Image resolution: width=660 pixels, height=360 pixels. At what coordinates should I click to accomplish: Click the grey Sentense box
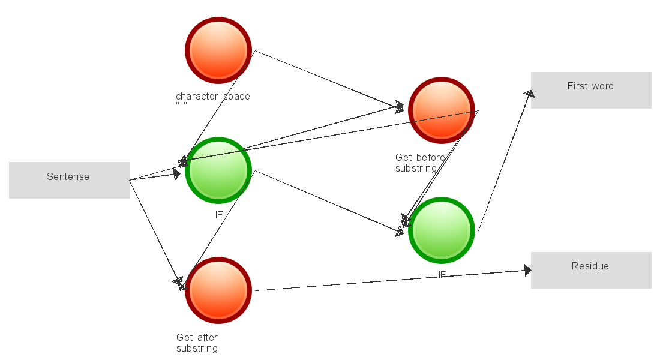click(x=69, y=180)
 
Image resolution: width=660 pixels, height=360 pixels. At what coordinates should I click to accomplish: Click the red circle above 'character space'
click(x=218, y=50)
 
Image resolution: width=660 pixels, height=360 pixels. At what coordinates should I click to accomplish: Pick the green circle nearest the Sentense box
click(x=218, y=170)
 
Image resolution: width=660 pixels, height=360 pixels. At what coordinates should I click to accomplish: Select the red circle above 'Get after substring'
click(x=218, y=290)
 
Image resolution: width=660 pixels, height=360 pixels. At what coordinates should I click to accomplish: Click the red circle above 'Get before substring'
click(x=442, y=110)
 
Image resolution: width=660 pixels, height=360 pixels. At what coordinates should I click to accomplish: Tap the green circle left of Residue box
click(x=442, y=230)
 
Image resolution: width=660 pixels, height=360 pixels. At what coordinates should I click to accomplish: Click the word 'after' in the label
click(x=206, y=338)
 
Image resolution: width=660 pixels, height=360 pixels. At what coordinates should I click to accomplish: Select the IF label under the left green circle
click(x=219, y=214)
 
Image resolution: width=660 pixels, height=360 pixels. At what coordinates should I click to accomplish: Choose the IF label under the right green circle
click(x=442, y=275)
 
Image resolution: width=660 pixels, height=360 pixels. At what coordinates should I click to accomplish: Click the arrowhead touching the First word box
click(x=529, y=93)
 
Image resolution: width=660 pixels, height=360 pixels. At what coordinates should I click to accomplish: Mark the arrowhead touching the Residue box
click(x=527, y=271)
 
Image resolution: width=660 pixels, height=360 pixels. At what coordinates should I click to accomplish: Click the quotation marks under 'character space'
click(x=181, y=104)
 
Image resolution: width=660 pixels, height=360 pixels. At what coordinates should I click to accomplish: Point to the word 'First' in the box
click(x=577, y=86)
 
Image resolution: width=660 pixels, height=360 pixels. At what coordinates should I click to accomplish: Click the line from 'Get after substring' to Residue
click(x=390, y=281)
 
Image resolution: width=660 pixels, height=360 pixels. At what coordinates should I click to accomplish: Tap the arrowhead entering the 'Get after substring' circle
click(x=178, y=281)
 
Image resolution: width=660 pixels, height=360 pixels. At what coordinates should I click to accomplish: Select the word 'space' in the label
click(x=237, y=97)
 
